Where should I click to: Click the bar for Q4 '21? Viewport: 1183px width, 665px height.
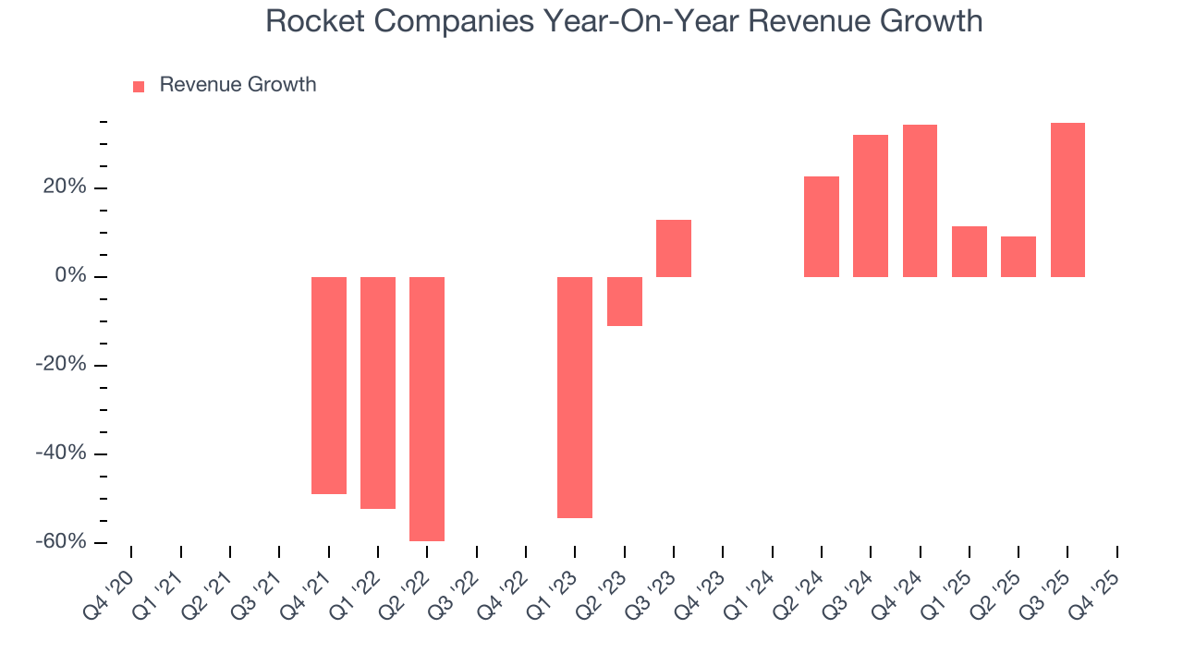coord(329,385)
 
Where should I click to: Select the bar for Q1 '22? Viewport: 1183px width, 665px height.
coord(378,393)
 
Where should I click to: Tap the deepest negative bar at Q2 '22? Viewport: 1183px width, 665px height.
coord(427,408)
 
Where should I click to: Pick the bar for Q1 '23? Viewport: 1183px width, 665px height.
coord(575,397)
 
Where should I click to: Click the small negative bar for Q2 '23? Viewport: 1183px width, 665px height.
coord(625,301)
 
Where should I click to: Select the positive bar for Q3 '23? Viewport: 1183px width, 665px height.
coord(674,248)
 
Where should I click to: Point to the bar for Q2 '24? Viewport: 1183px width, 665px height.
coord(822,226)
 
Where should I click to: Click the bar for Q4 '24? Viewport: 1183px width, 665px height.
coord(920,200)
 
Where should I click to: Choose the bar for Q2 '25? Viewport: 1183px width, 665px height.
coord(1018,257)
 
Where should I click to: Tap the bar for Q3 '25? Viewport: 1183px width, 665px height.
coord(1067,199)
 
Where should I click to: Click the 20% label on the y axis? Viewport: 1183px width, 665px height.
coord(66,187)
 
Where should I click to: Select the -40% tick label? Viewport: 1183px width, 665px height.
coord(62,453)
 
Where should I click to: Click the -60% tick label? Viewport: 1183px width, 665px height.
coord(62,541)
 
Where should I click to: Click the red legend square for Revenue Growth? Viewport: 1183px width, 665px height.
coord(139,86)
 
